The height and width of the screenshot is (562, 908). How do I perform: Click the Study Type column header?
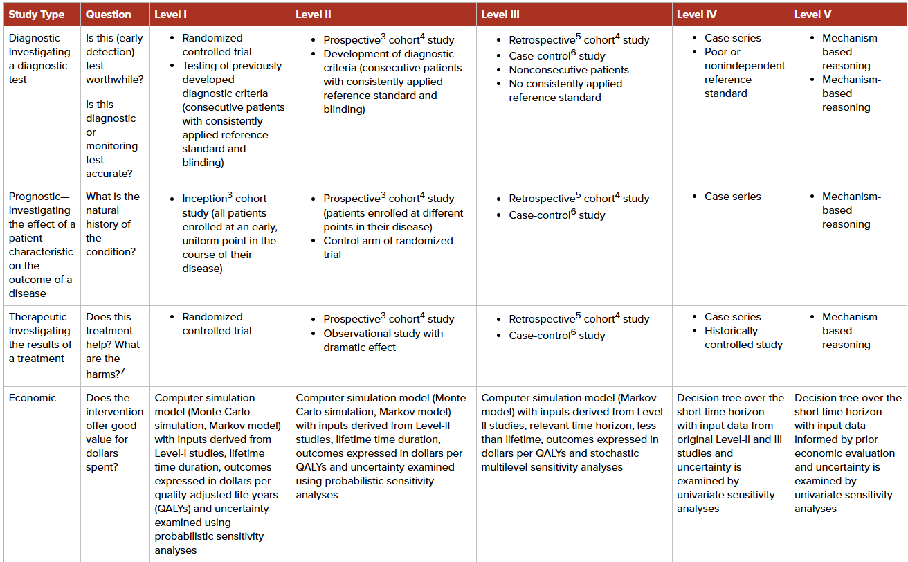click(36, 15)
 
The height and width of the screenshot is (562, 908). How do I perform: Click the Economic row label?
click(33, 398)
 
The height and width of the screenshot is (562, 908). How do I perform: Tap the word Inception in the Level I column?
click(204, 199)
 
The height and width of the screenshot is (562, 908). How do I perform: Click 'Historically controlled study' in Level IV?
click(743, 338)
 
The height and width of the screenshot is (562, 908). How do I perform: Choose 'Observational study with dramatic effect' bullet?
click(383, 341)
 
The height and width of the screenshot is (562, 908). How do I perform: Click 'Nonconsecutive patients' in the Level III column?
click(569, 70)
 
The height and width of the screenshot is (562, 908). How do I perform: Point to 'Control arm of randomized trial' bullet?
click(388, 248)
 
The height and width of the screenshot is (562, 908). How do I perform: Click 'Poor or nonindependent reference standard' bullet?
click(744, 73)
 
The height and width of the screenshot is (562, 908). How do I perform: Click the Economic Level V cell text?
click(848, 453)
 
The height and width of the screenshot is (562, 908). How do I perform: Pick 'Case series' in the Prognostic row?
click(732, 197)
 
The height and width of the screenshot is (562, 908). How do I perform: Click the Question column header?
click(108, 15)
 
